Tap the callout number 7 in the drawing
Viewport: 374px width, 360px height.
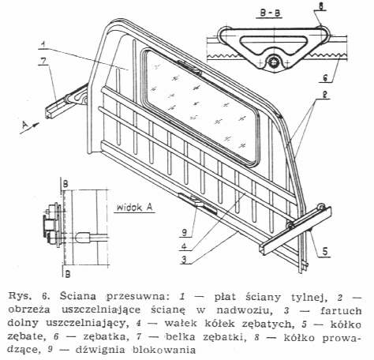click(43, 61)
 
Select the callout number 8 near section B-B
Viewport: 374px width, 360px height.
click(321, 6)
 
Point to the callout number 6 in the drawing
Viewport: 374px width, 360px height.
click(325, 77)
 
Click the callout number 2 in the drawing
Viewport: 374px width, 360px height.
click(325, 95)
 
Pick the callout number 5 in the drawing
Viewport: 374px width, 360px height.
click(325, 252)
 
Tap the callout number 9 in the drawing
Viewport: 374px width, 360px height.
click(185, 232)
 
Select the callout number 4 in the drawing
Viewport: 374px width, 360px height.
click(184, 246)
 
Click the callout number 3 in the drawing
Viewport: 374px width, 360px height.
click(184, 260)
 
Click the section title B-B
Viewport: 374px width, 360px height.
click(269, 13)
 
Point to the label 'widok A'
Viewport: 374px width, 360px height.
click(134, 208)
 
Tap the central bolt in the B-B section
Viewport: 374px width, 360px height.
click(273, 62)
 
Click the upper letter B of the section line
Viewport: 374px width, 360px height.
click(65, 184)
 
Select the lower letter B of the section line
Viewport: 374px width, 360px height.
click(68, 275)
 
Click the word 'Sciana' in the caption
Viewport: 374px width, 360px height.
click(77, 296)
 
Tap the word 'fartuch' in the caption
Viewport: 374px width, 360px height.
click(341, 310)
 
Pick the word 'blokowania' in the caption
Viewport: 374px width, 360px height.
click(164, 350)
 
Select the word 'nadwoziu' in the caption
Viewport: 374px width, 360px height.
click(243, 310)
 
